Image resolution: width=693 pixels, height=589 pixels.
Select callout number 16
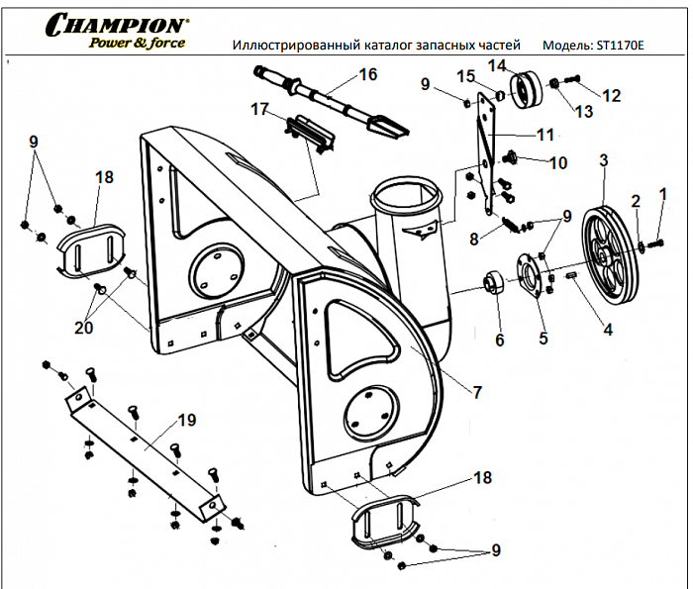coord(367,74)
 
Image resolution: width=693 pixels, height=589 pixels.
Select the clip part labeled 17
coord(309,134)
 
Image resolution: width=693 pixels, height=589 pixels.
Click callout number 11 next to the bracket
coord(545,134)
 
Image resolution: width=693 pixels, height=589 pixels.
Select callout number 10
coord(558,162)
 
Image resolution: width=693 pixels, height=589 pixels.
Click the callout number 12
coord(612,96)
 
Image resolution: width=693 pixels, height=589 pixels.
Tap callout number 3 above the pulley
coord(603,159)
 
